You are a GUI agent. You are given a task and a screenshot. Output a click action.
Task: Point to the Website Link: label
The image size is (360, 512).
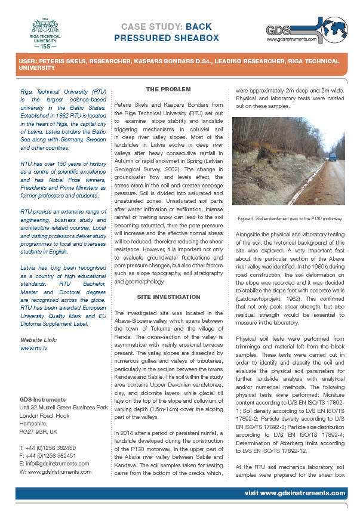39,339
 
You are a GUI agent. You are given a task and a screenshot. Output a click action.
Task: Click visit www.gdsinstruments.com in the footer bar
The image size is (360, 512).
295,494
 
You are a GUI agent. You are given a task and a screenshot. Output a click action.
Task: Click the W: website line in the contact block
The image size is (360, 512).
56,471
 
